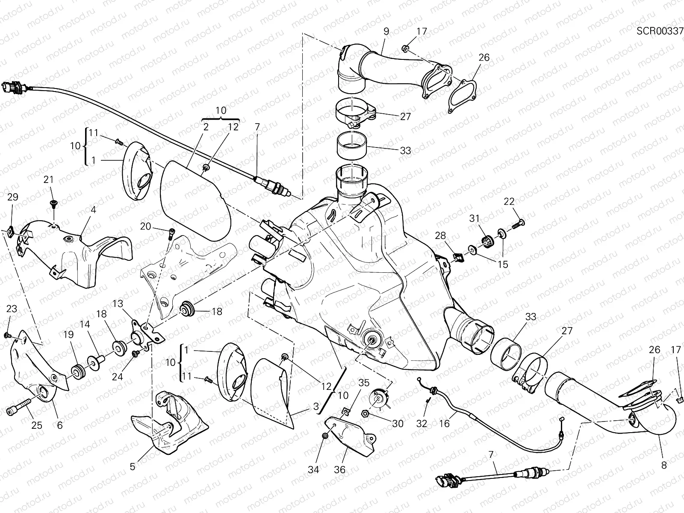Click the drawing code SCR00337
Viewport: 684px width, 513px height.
point(660,31)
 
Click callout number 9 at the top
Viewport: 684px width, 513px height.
point(386,31)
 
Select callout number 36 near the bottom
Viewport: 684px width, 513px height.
point(339,469)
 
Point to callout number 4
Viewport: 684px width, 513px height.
point(93,210)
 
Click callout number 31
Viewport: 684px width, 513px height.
point(475,218)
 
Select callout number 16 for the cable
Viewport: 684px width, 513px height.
point(445,423)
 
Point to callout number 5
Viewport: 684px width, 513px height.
point(133,466)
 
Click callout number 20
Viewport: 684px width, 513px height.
point(146,226)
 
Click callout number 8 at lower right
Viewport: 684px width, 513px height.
point(663,466)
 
